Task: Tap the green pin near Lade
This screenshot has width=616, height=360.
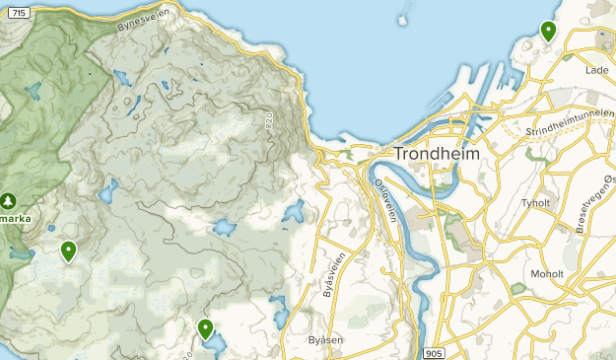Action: [x=548, y=32]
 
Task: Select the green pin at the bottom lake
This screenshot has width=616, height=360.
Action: [x=205, y=328]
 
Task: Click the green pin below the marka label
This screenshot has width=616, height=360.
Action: [x=68, y=251]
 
